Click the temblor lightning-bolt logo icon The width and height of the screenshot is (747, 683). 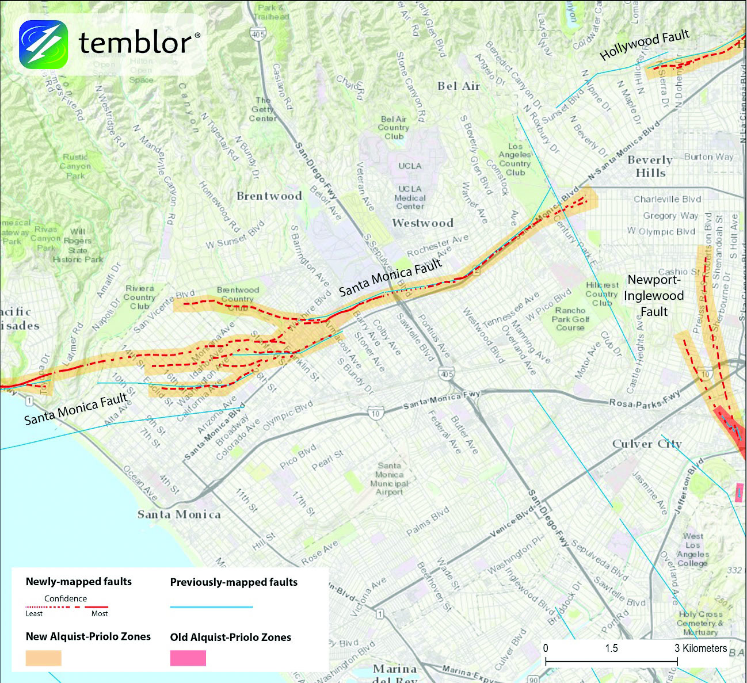43,44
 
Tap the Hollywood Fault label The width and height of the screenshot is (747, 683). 644,45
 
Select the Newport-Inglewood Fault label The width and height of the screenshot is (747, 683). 654,296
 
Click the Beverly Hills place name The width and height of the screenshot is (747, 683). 650,166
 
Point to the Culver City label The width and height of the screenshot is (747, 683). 647,444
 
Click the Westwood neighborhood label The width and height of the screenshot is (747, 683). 422,223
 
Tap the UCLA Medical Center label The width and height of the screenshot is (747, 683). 410,197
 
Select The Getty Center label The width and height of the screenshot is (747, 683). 262,109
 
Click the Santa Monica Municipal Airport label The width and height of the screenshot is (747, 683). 389,479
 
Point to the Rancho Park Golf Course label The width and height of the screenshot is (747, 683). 570,319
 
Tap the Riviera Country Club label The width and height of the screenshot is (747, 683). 139,297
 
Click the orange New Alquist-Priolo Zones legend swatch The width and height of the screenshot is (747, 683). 43,658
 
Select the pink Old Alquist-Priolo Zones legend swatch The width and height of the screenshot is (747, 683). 188,658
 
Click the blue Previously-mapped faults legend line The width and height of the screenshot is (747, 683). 211,607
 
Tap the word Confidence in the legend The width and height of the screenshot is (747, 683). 66,598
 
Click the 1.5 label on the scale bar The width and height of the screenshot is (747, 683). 611,648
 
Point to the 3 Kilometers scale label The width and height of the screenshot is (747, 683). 701,648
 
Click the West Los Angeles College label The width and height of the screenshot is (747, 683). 693,550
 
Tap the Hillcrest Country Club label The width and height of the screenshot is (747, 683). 602,293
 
